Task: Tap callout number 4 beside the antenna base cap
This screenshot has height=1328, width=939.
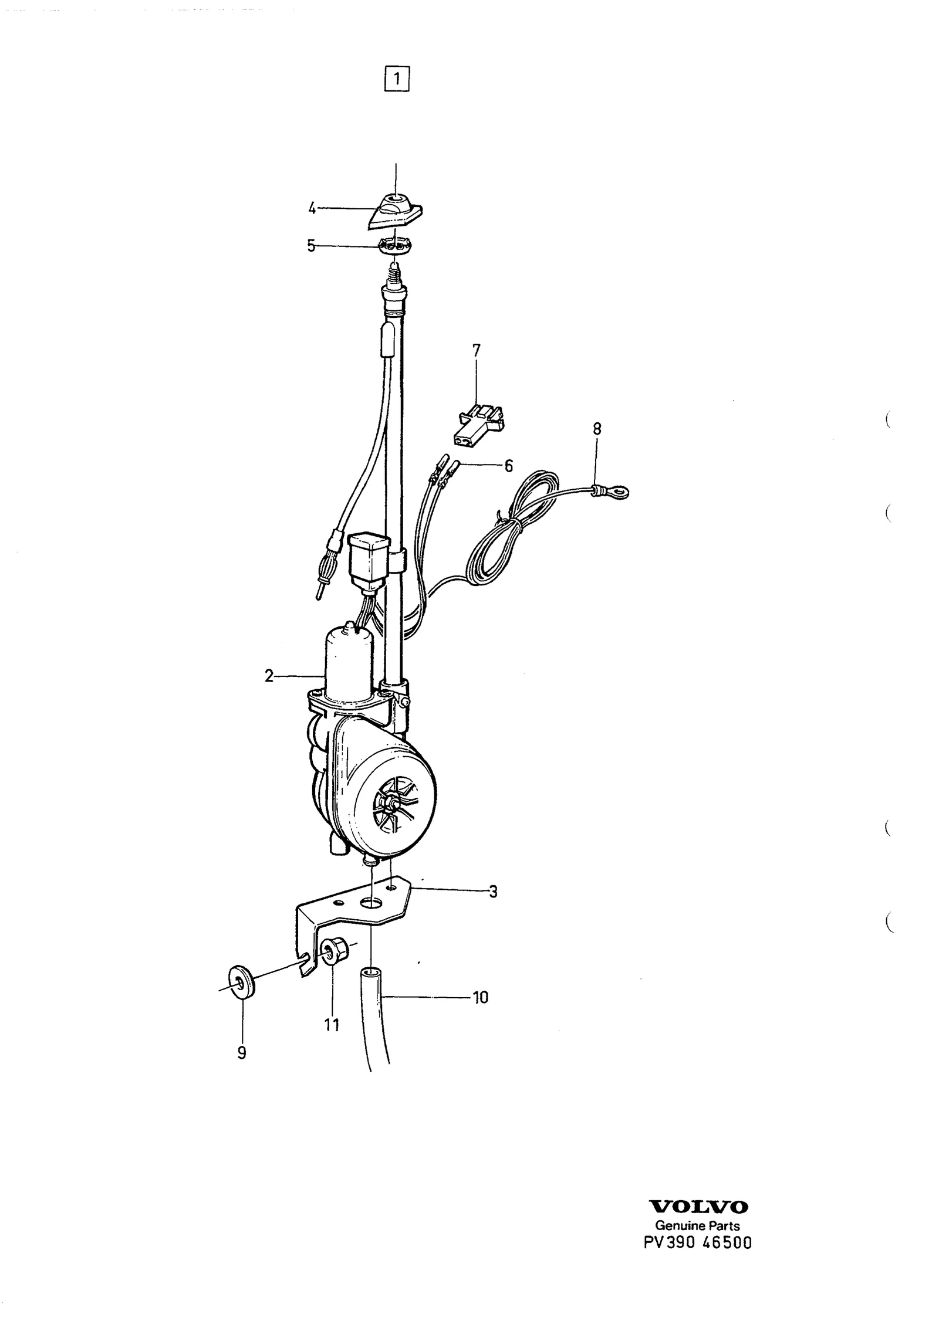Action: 312,208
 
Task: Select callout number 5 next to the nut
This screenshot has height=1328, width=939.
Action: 311,246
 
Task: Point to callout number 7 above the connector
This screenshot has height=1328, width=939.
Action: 476,351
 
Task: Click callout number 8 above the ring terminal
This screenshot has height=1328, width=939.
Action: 597,429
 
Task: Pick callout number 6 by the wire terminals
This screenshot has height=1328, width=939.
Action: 508,466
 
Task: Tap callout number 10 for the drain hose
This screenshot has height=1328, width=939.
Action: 480,997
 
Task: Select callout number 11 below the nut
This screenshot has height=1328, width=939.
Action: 332,1025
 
